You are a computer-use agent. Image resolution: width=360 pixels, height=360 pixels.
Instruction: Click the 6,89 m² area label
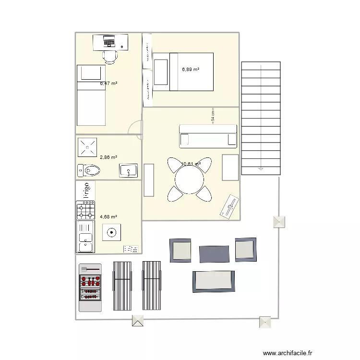[x=191, y=70]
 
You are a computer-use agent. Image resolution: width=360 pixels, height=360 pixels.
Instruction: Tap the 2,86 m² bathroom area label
[x=108, y=157]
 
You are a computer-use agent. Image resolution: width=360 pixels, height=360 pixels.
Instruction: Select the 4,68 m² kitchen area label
[x=108, y=216]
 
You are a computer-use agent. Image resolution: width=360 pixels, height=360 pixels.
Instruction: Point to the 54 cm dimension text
[x=213, y=116]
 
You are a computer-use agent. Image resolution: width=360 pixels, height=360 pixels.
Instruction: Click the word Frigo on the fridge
[x=87, y=190]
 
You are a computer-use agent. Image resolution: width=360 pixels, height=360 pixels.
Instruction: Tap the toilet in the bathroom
[x=89, y=170]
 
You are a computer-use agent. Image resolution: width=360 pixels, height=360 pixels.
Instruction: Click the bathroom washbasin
[x=128, y=170]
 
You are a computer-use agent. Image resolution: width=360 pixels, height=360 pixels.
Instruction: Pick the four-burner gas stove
[x=85, y=210]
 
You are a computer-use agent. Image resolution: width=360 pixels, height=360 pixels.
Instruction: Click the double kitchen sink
[x=85, y=237]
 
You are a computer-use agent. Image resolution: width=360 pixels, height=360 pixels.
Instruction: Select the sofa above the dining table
[x=208, y=136]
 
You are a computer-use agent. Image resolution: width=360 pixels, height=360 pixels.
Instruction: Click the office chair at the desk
[x=110, y=56]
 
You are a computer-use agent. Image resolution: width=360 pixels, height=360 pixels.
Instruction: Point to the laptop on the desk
[x=108, y=41]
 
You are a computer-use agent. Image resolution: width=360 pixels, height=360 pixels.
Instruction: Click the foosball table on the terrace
[x=90, y=288]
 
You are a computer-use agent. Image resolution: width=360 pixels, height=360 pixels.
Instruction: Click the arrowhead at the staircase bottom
[x=261, y=168]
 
